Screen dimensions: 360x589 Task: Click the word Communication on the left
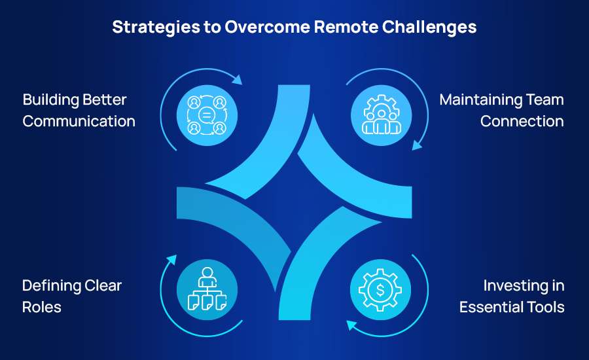point(79,121)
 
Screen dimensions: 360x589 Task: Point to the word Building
point(52,100)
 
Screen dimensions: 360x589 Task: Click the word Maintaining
point(480,100)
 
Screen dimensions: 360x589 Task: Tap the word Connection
point(522,121)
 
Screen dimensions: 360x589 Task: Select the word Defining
point(50,285)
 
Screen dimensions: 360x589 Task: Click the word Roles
point(42,307)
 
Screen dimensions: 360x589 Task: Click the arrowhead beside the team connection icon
point(416,146)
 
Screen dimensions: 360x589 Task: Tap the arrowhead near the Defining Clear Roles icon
point(171,260)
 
